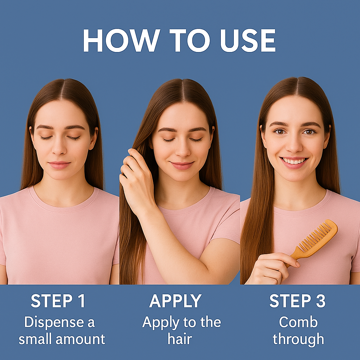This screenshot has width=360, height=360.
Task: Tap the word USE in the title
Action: [248, 40]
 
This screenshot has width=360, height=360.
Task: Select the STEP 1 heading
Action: [58, 301]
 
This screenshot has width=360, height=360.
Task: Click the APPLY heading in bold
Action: [175, 301]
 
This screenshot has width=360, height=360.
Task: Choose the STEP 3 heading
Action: [297, 301]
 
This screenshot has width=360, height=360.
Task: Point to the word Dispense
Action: [54, 323]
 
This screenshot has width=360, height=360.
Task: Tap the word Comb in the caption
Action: [298, 322]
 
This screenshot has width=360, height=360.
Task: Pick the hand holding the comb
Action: [272, 269]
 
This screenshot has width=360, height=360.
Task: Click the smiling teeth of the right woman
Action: [294, 161]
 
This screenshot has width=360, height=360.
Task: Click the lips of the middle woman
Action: [182, 165]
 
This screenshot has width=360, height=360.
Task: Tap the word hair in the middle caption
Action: [180, 339]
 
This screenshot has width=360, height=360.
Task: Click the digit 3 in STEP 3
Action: [321, 301]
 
